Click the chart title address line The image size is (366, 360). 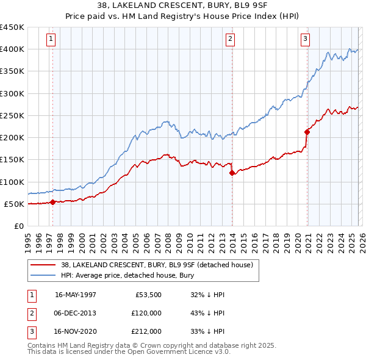[183, 4]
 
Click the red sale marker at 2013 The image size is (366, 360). [232, 173]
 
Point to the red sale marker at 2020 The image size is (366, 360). [307, 131]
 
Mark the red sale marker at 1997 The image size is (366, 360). [52, 202]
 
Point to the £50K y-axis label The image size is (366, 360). [15, 204]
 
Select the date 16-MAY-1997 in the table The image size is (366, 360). [76, 295]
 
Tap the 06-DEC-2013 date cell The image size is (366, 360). [76, 313]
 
